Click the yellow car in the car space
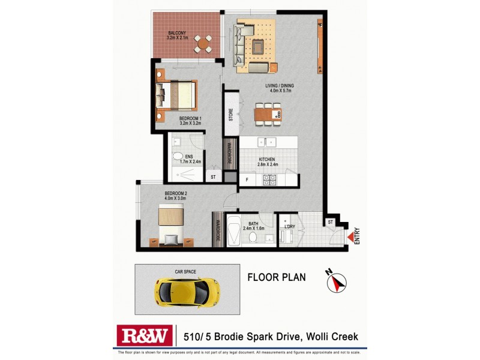pyautogui.click(x=187, y=290)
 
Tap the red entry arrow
pyautogui.click(x=350, y=238)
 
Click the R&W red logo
pyautogui.click(x=145, y=335)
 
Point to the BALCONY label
pyautogui.click(x=176, y=32)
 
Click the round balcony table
pyautogui.click(x=205, y=43)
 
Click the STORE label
pyautogui.click(x=230, y=114)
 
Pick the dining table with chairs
pyautogui.click(x=268, y=114)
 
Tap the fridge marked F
pyautogui.click(x=246, y=180)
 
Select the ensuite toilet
pyautogui.click(x=178, y=158)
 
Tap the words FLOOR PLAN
pyautogui.click(x=277, y=277)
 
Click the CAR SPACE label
pyautogui.click(x=186, y=272)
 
